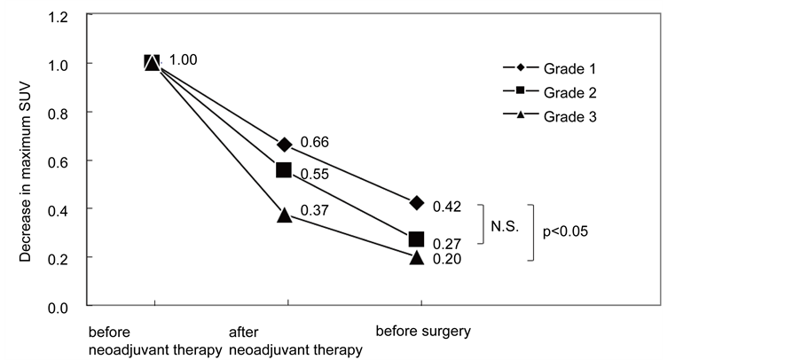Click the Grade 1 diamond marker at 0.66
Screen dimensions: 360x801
285,145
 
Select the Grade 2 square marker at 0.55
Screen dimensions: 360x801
285,169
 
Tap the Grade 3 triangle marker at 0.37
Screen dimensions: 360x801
285,214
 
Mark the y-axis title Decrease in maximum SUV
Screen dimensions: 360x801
27,161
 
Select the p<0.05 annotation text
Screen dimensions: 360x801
566,231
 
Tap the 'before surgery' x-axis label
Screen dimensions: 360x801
422,333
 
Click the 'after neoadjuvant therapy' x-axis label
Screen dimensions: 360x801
295,341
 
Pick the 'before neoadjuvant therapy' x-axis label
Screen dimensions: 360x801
154,341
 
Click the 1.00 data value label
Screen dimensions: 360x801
183,59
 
